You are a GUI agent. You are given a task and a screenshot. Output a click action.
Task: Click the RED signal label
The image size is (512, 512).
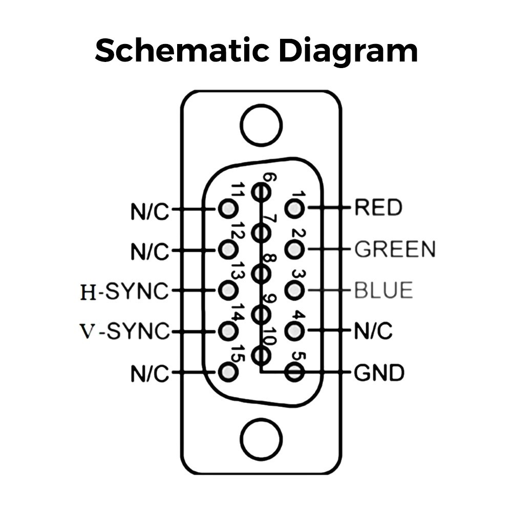coord(378,208)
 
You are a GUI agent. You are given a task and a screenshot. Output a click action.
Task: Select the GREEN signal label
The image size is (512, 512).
coord(395,249)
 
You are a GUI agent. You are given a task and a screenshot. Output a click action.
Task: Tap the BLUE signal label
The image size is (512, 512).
coord(383,291)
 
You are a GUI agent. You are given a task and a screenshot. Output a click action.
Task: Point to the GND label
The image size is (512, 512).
coord(379,373)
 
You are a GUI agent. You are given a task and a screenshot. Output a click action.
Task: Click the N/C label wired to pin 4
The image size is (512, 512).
coord(373,332)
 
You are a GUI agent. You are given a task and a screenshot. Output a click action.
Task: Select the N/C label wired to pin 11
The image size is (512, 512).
coord(150,210)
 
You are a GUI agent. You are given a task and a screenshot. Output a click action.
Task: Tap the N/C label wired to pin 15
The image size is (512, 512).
coord(150,374)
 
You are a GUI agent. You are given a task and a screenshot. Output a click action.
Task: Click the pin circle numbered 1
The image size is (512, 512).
coord(294,208)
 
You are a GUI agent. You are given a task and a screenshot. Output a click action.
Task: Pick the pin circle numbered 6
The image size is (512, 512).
coord(261,193)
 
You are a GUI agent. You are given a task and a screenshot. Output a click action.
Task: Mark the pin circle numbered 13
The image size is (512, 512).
coord(228,291)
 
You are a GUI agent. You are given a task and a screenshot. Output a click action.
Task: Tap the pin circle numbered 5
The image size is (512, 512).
coord(294,372)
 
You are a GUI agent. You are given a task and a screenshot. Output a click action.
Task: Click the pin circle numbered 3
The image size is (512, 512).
coord(294,290)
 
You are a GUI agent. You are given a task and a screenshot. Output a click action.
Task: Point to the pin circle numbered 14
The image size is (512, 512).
coord(228,332)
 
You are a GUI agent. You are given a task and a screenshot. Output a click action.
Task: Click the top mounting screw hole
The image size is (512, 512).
coord(261,125)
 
